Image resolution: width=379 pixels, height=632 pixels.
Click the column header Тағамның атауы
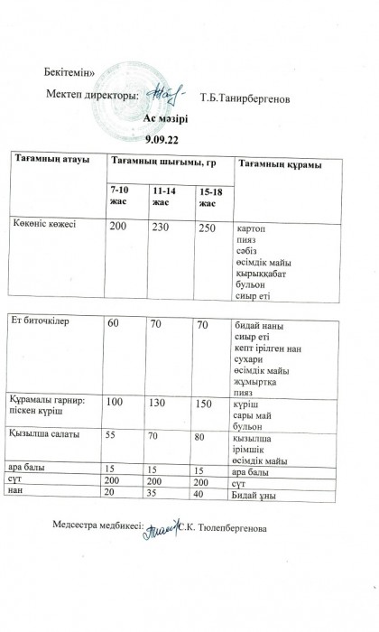pos(51,160)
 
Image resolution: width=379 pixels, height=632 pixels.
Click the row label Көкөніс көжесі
pos(51,224)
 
